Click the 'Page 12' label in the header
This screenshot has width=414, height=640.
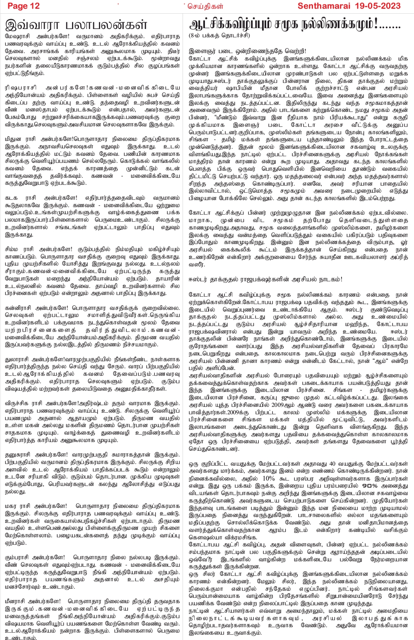point(24,6)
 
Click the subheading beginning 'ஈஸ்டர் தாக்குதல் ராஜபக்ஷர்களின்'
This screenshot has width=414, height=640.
point(265,279)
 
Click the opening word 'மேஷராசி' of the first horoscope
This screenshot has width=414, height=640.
point(17,36)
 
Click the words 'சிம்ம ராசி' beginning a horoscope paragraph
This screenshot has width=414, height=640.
point(20,249)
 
